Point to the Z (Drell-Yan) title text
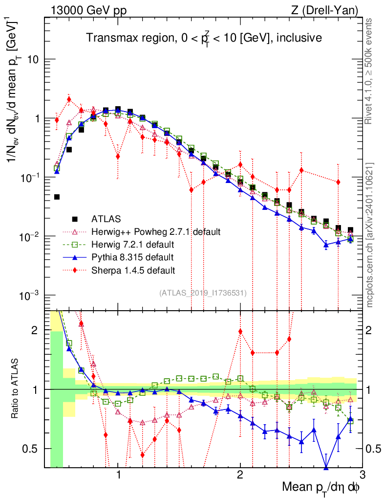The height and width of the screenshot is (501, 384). tap(323, 10)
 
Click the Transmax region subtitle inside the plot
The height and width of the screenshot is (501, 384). tap(204, 38)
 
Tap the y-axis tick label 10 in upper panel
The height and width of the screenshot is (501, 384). tap(33, 60)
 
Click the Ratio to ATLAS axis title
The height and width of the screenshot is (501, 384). tap(17, 389)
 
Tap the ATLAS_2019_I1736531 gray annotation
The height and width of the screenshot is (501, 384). tap(203, 293)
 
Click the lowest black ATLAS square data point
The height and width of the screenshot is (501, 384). tap(57, 197)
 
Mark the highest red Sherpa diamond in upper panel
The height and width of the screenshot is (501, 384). tap(69, 99)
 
